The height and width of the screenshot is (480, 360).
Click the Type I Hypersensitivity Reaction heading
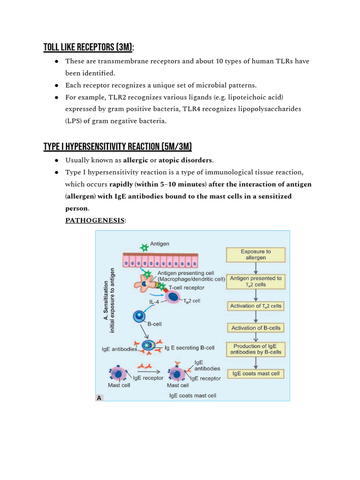coord(118,146)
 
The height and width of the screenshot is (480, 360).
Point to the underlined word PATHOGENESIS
coord(95,220)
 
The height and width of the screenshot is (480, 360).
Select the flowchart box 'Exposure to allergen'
coord(255,255)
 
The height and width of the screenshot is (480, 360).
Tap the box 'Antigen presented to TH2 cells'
coord(255,281)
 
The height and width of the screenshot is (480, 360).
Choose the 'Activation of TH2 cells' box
coord(255,306)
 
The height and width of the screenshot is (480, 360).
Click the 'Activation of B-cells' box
coord(255,328)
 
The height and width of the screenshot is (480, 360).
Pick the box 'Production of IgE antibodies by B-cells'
coord(255,349)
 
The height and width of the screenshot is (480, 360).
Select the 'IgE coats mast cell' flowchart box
coord(255,374)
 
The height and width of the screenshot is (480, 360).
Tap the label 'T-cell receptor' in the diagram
coord(188,287)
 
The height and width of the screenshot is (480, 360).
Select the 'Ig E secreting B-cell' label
coord(190,348)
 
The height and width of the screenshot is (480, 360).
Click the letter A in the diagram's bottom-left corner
coord(99,398)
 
